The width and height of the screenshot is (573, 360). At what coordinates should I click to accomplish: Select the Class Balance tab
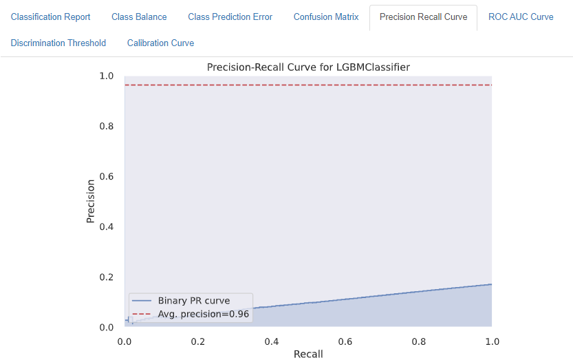pyautogui.click(x=139, y=17)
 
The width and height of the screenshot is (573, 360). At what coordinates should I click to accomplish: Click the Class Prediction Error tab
pyautogui.click(x=230, y=17)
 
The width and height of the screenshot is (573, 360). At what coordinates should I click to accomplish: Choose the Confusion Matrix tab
pyautogui.click(x=326, y=17)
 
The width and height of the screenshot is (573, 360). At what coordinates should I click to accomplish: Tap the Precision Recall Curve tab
pyautogui.click(x=423, y=17)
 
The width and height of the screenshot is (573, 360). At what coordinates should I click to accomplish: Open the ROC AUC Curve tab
pyautogui.click(x=521, y=17)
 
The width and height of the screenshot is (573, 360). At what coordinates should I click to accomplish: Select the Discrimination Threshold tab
pyautogui.click(x=58, y=43)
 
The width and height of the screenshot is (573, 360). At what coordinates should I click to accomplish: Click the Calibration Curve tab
pyautogui.click(x=160, y=43)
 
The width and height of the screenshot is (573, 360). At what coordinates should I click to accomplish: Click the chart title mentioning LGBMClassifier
pyautogui.click(x=308, y=67)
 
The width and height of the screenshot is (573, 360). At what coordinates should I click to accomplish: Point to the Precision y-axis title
pyautogui.click(x=90, y=201)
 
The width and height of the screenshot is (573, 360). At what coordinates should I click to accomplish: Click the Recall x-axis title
pyautogui.click(x=308, y=354)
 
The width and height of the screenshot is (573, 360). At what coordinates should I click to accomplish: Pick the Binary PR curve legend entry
pyautogui.click(x=193, y=301)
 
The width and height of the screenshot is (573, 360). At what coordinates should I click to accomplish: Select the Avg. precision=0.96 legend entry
pyautogui.click(x=203, y=314)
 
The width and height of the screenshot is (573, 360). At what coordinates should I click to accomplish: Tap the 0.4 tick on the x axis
pyautogui.click(x=272, y=341)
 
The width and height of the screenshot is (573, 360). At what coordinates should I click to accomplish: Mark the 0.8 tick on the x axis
pyautogui.click(x=418, y=341)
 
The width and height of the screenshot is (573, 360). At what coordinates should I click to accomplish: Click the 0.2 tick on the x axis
pyautogui.click(x=198, y=341)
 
